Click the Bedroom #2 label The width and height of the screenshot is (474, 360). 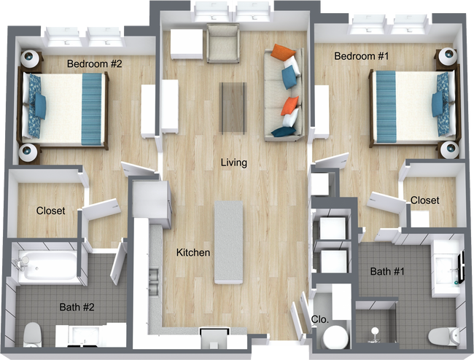(94, 63)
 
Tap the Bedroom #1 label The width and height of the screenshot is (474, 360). (360, 56)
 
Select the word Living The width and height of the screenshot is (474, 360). (233, 163)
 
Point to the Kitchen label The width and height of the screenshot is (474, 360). (193, 253)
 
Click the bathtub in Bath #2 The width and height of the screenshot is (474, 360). (47, 267)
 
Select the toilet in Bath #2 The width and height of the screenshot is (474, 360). (32, 334)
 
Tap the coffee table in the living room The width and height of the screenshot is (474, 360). (233, 106)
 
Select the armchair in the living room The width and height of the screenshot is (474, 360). (222, 43)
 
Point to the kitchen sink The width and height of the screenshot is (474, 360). (155, 276)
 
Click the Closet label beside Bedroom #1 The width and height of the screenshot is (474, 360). (424, 200)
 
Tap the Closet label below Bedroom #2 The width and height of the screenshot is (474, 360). (50, 211)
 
